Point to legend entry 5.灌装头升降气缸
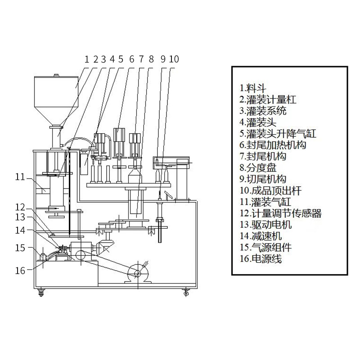click(278, 133)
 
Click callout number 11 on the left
click(20, 177)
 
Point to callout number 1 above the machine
click(87, 58)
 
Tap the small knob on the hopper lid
click(56, 75)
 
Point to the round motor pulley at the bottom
click(136, 273)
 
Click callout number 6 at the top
click(131, 58)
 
